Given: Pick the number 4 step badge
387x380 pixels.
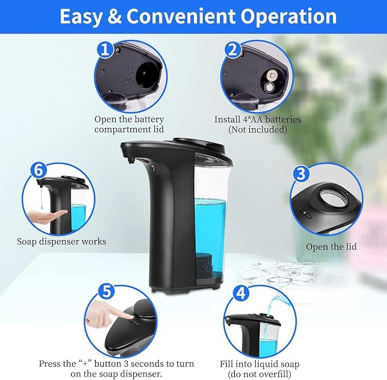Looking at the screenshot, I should (242, 293).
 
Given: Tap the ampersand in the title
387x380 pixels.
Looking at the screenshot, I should (114, 17).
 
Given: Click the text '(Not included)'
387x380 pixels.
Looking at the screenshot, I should (258, 130).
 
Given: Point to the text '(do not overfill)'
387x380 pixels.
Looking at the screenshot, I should (259, 374).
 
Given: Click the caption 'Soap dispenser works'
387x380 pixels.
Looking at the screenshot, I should (62, 242).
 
